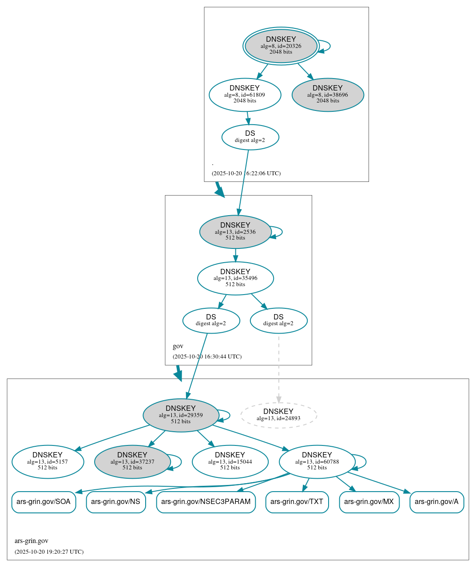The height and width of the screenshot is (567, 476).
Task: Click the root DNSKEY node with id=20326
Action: [281, 46]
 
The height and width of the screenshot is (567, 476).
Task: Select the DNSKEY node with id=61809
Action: [245, 94]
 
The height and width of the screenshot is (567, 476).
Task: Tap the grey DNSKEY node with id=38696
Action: [328, 94]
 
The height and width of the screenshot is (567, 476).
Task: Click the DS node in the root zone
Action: [250, 137]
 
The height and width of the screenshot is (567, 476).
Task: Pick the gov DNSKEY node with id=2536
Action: [235, 232]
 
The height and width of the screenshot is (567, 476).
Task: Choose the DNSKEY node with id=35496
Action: [235, 278]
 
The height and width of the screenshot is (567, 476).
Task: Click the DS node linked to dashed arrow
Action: [278, 320]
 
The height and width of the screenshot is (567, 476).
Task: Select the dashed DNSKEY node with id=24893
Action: [278, 415]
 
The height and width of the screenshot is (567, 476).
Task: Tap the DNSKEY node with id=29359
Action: [181, 415]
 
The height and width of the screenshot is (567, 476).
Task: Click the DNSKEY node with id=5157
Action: [48, 462]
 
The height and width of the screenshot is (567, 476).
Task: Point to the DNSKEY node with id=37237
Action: [132, 462]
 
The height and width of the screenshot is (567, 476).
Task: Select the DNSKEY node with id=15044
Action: [230, 462]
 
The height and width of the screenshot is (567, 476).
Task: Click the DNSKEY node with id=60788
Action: [317, 462]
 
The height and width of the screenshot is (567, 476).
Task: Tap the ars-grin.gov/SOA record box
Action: [44, 502]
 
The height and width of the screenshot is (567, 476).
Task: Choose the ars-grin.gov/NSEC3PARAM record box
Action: [206, 502]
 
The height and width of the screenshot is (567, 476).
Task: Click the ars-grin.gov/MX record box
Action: [369, 502]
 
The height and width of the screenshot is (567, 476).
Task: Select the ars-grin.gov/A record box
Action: [436, 502]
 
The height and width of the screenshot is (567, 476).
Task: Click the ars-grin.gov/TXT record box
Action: [297, 502]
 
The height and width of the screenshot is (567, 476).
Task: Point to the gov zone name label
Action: [178, 346]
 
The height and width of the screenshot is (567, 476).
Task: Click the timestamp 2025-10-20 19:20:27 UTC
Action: [49, 552]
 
